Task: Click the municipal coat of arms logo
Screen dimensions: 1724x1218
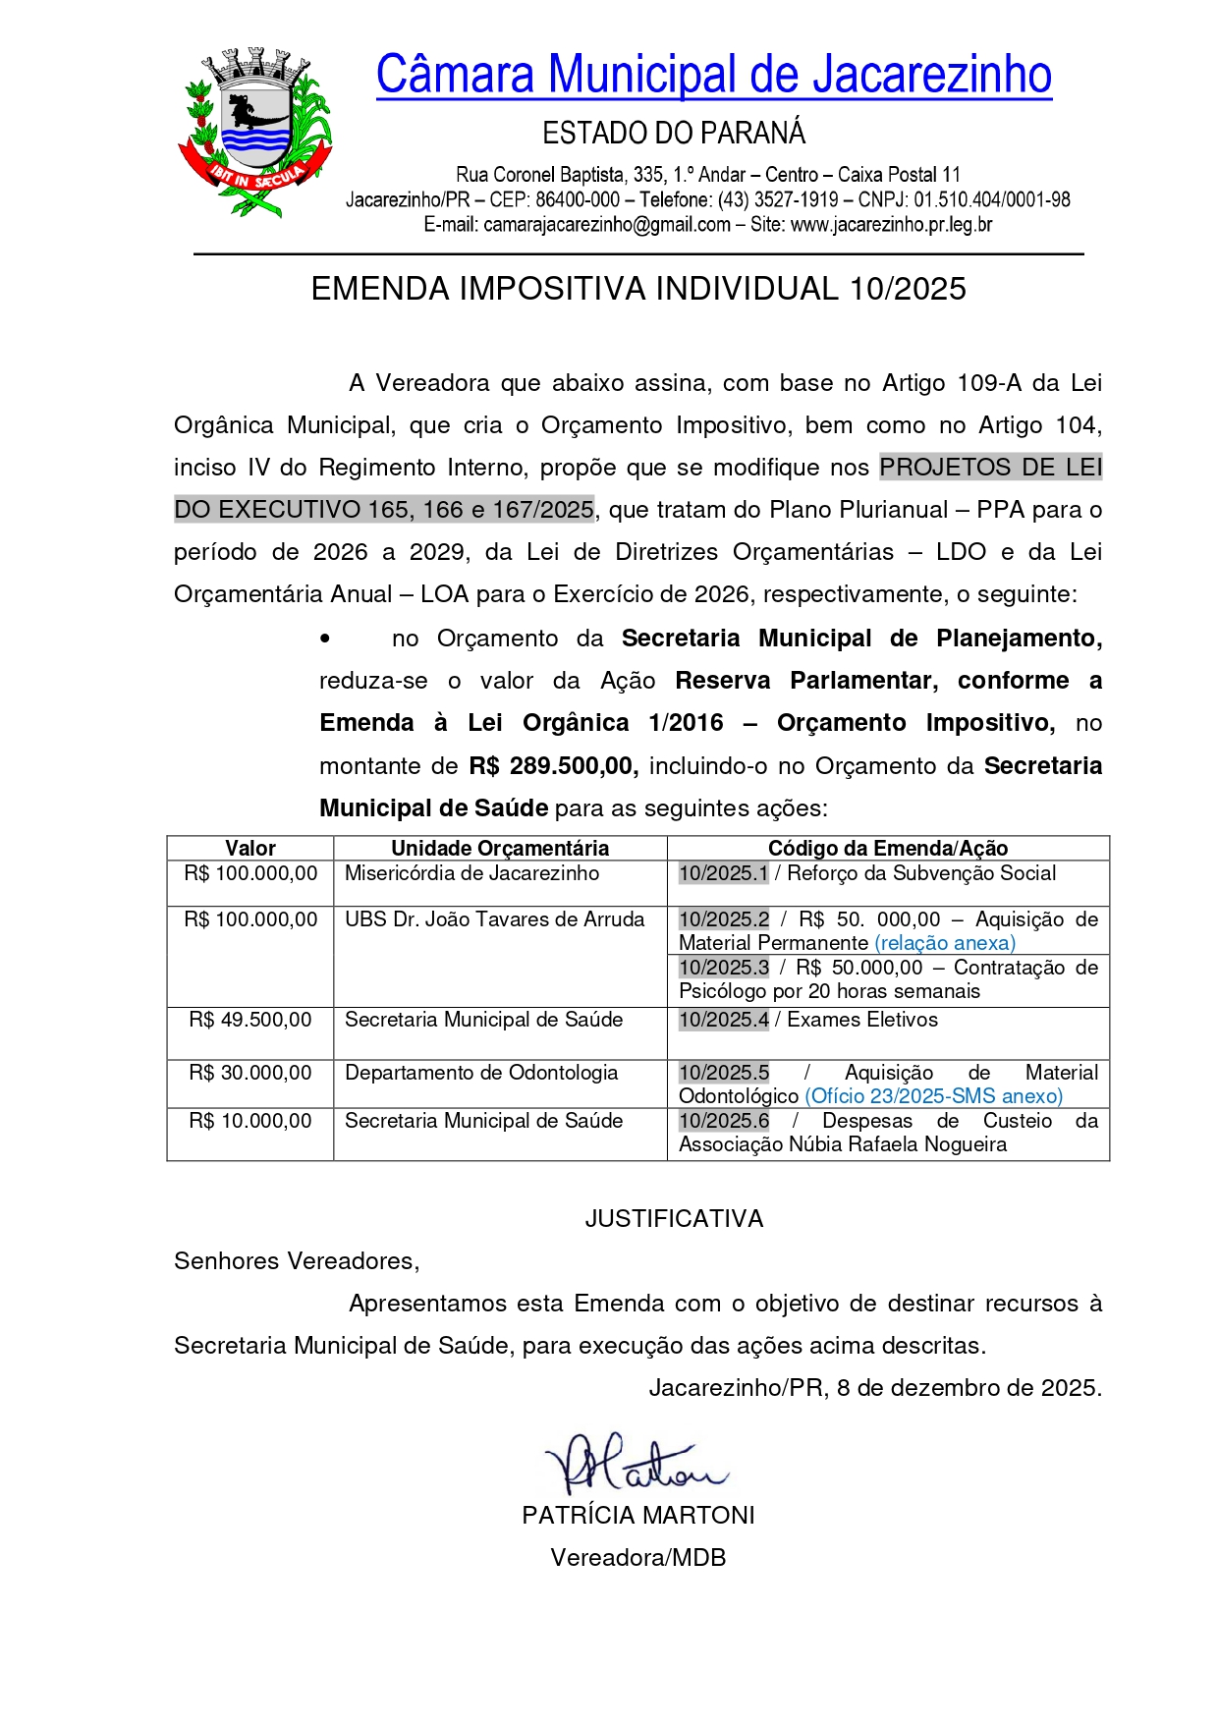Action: pos(254,132)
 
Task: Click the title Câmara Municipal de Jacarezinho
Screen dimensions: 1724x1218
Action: pos(713,75)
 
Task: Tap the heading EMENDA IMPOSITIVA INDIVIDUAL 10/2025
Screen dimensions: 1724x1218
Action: pos(638,289)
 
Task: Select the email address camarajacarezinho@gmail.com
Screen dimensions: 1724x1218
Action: pos(607,225)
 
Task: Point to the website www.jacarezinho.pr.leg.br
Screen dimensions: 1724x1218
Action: pos(891,225)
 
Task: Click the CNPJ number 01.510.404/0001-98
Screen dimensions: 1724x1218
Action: pos(992,200)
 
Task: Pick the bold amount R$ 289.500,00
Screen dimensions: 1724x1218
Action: pos(553,766)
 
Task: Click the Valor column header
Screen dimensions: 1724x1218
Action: pos(250,849)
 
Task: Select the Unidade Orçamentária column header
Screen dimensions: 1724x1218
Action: pos(500,849)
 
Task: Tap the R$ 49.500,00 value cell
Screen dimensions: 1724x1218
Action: pos(250,1021)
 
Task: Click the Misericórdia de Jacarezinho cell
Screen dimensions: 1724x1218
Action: pos(471,874)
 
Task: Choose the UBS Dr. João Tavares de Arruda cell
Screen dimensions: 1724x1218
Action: pos(494,920)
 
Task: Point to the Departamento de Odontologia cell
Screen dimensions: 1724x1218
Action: pos(481,1074)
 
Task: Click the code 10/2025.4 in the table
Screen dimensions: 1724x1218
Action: pos(724,1021)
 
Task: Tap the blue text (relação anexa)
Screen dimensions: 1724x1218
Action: pos(945,944)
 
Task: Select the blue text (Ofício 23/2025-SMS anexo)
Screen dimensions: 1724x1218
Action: pos(933,1097)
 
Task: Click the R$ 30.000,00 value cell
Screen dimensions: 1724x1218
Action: pos(250,1074)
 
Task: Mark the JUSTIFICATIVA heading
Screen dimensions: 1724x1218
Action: pos(674,1219)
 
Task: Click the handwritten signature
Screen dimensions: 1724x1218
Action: pos(634,1464)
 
